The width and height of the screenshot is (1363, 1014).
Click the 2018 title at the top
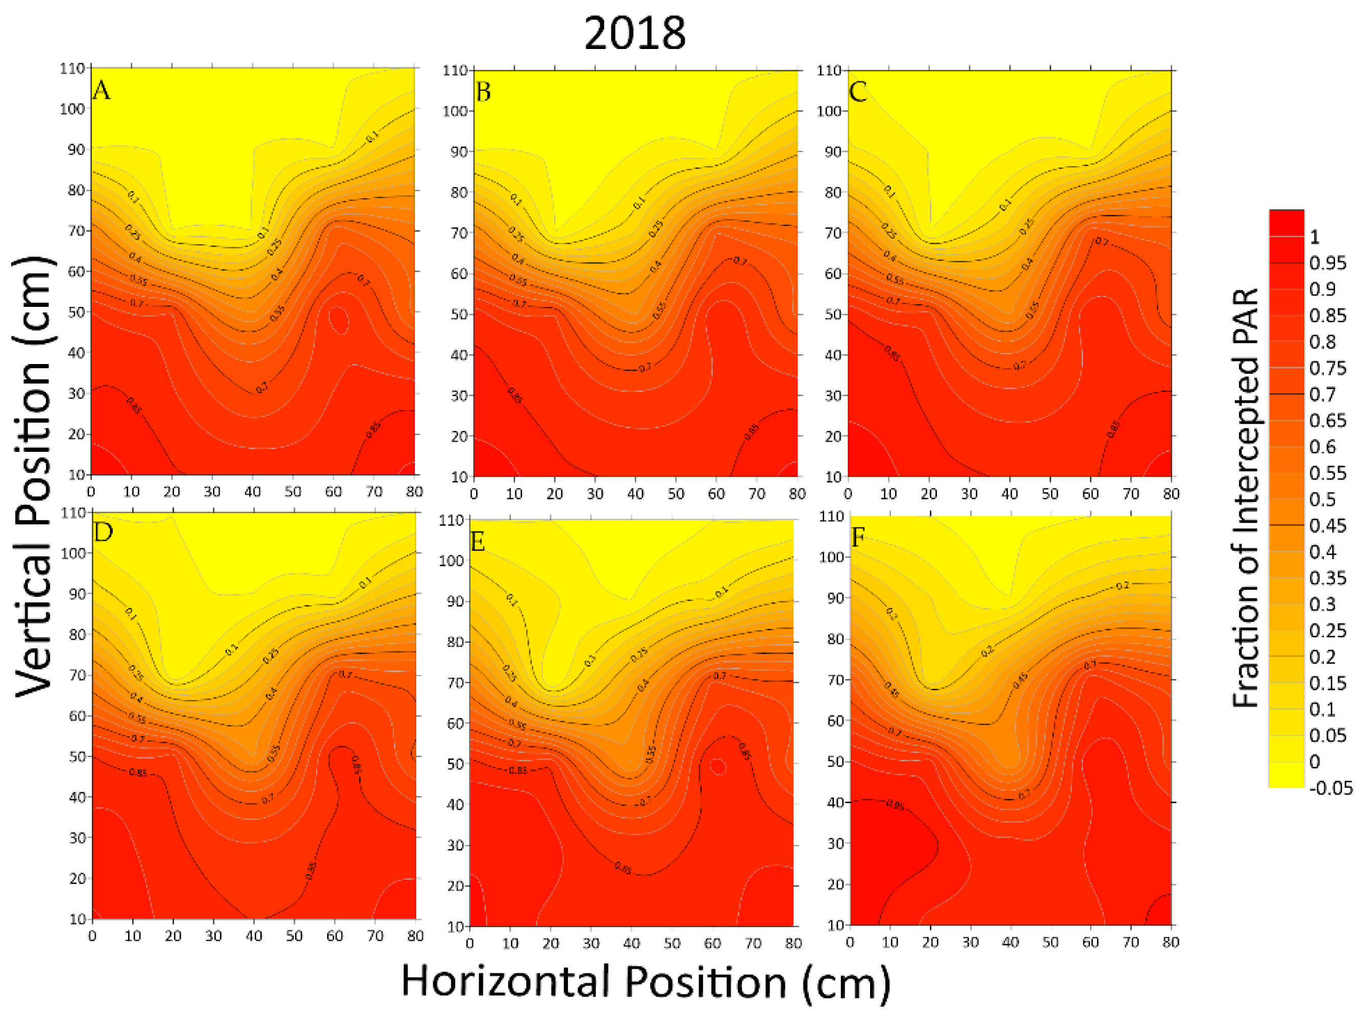(634, 33)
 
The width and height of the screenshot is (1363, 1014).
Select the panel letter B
(483, 92)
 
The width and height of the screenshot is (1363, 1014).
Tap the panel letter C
(857, 92)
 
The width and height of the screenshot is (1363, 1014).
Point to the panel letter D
(103, 532)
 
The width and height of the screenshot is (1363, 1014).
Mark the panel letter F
(858, 538)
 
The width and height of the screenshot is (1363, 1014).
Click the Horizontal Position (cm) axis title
(646, 981)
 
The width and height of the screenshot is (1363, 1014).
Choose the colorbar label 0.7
(1322, 394)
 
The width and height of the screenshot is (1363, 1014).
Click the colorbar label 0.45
(1327, 525)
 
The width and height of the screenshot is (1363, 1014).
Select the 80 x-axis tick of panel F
(1171, 941)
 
